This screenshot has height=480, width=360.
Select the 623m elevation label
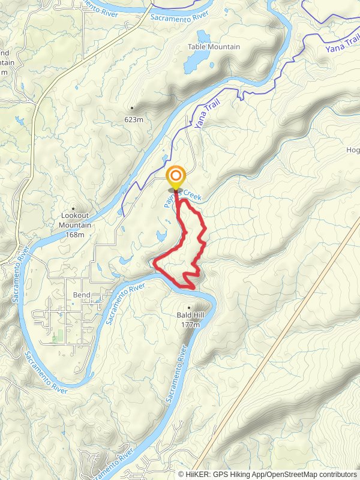(135, 119)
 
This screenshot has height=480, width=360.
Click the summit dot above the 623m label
(132, 109)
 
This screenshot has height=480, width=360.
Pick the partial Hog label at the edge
(353, 150)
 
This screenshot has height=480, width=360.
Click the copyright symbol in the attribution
(181, 473)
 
